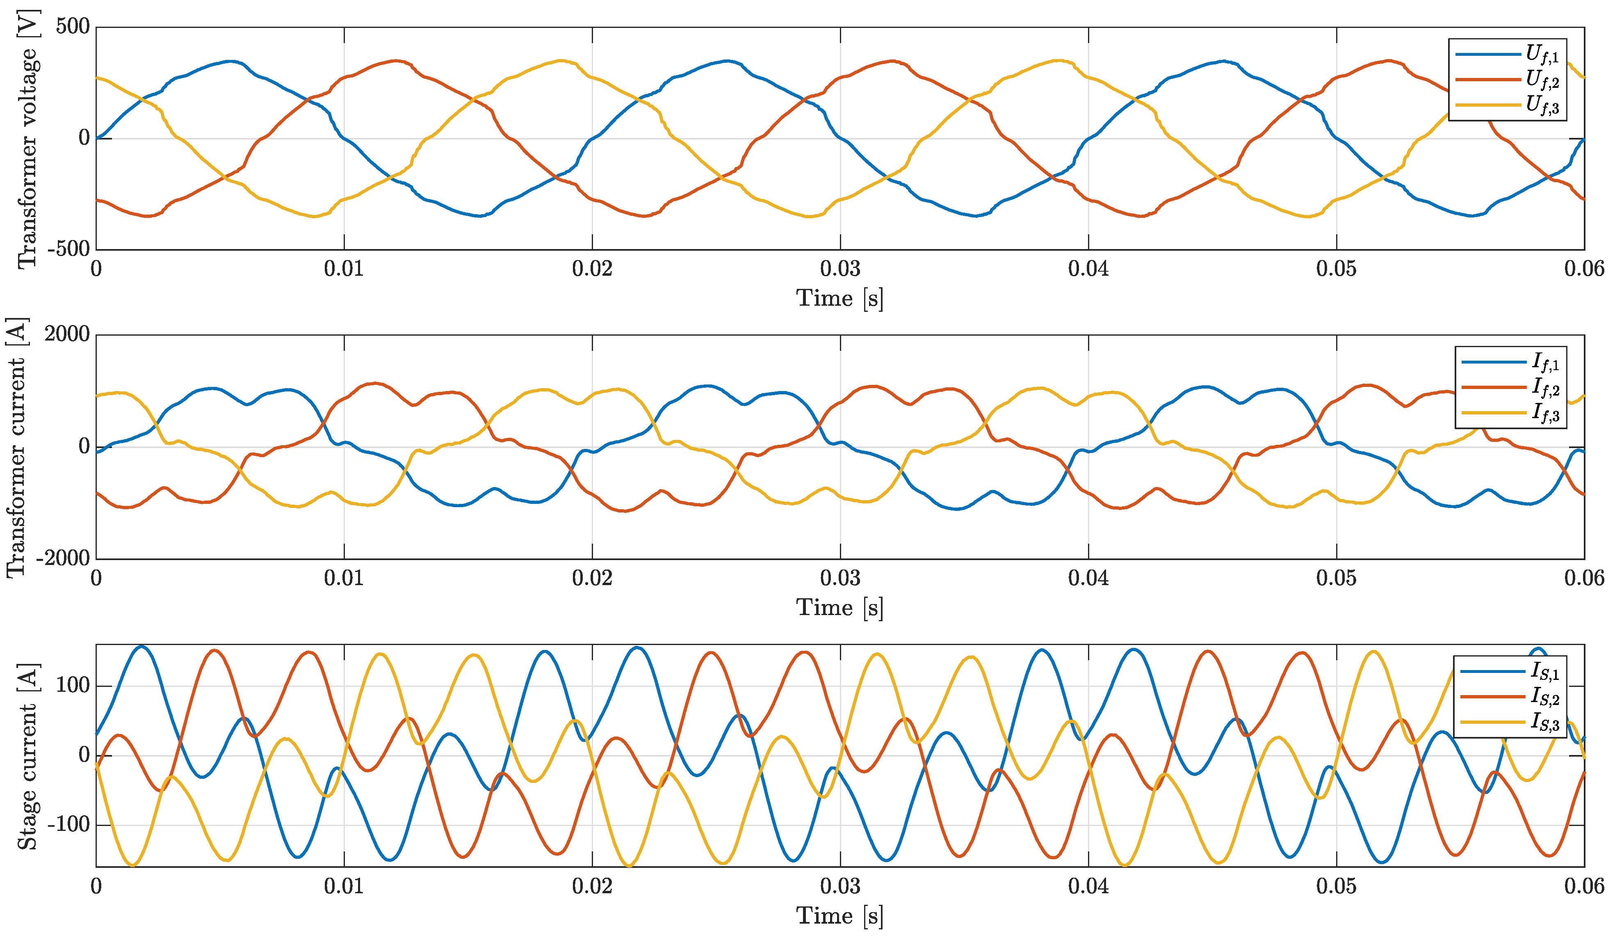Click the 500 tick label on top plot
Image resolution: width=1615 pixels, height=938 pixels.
[73, 27]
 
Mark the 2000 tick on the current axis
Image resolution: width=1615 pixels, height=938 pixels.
[67, 334]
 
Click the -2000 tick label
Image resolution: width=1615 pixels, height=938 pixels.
[63, 558]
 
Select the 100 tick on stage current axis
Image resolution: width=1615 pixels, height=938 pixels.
[73, 685]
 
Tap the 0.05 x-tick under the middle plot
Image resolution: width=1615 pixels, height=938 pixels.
[1336, 578]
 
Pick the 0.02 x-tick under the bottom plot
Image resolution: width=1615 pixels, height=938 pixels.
[591, 887]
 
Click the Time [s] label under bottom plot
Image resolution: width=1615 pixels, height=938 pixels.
[839, 915]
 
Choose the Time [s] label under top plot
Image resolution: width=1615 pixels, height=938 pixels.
[839, 298]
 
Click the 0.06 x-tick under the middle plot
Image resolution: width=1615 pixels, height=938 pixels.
[1583, 578]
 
